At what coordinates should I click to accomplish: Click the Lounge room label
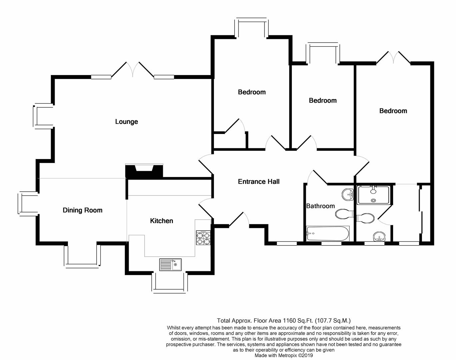tap(126, 122)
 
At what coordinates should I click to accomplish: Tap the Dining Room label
tap(82, 210)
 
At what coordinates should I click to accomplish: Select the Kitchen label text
tap(162, 221)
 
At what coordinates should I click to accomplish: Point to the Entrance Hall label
tap(258, 182)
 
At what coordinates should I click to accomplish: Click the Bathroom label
tap(320, 206)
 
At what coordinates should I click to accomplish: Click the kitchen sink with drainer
tap(170, 265)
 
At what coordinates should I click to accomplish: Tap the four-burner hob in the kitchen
tap(203, 238)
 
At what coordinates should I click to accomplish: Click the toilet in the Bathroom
tap(343, 214)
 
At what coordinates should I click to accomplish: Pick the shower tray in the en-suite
tap(373, 195)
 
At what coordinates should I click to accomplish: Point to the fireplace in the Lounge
tap(144, 171)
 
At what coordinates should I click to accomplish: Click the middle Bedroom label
tap(322, 100)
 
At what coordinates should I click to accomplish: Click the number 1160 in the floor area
tap(289, 321)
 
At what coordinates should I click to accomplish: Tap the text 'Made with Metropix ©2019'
tap(284, 355)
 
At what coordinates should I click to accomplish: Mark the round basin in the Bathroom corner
tap(348, 194)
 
